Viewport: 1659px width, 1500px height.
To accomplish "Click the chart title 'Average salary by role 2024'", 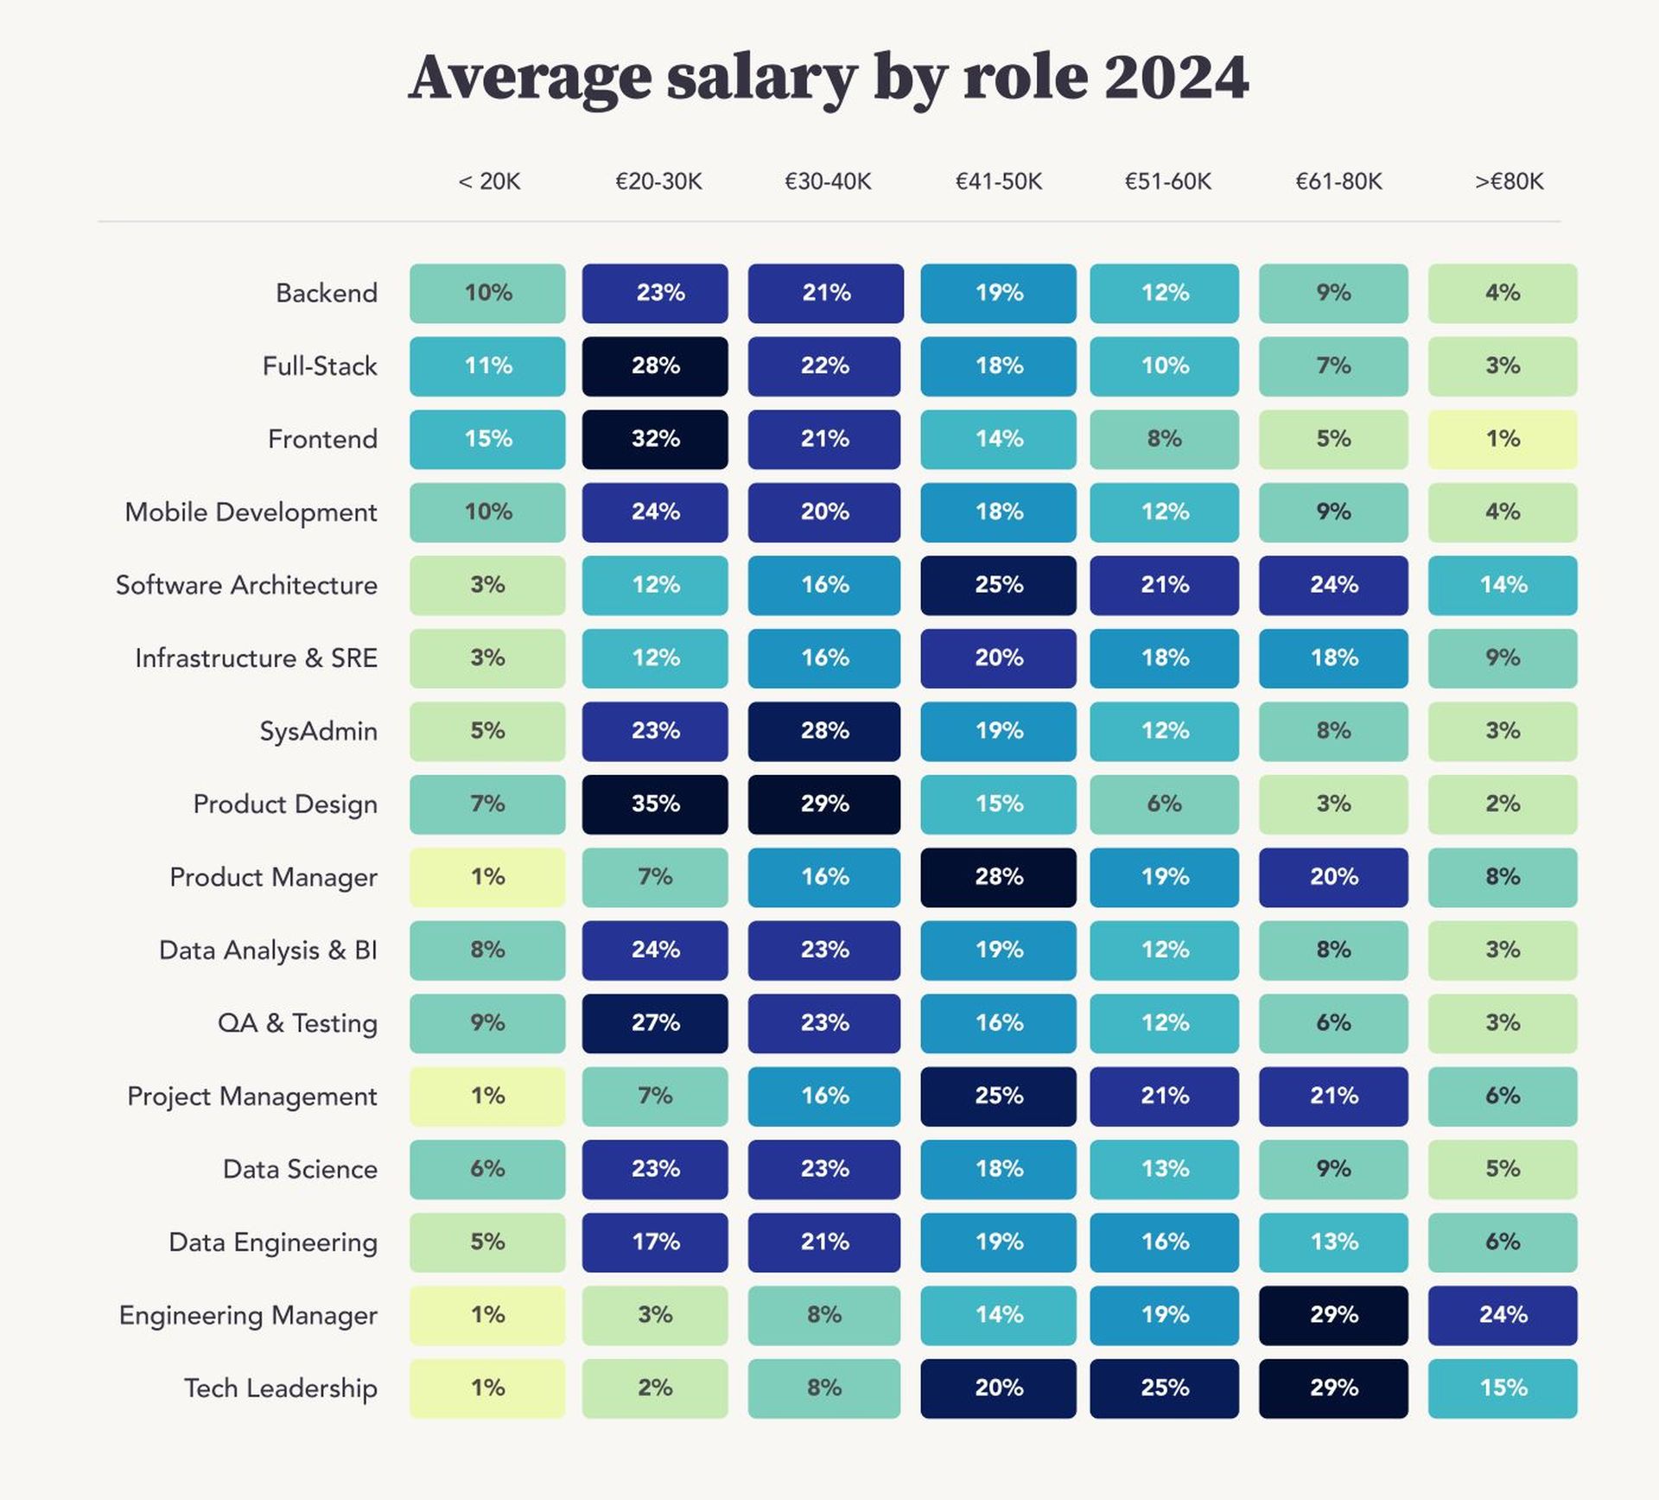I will pyautogui.click(x=828, y=78).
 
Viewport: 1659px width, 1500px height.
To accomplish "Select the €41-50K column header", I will pyautogui.click(x=998, y=181).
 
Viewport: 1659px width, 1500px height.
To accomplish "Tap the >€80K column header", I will pyautogui.click(x=1508, y=181).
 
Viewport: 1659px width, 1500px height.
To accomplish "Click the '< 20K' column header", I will pyautogui.click(x=489, y=181).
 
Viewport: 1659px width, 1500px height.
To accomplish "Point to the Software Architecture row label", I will pyautogui.click(x=246, y=585).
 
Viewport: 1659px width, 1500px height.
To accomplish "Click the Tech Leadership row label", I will pyautogui.click(x=280, y=1388).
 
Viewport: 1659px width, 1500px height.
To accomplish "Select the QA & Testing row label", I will pyautogui.click(x=297, y=1023).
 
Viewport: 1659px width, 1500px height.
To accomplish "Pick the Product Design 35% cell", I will pyautogui.click(x=655, y=804).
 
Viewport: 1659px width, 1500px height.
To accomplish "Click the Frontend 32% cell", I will pyautogui.click(x=655, y=439).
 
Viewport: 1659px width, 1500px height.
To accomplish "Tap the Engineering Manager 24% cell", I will pyautogui.click(x=1503, y=1315).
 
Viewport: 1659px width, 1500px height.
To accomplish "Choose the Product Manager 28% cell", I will pyautogui.click(x=998, y=877).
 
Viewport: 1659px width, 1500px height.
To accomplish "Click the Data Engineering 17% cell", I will pyautogui.click(x=655, y=1243).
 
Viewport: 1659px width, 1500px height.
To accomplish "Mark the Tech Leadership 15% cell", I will pyautogui.click(x=1503, y=1388).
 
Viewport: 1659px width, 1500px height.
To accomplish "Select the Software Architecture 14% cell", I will pyautogui.click(x=1503, y=585).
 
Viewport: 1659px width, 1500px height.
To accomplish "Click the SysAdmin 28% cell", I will pyautogui.click(x=824, y=731).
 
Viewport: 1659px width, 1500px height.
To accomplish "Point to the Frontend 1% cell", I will pyautogui.click(x=1503, y=439).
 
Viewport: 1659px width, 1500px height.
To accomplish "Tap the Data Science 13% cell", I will pyautogui.click(x=1164, y=1169).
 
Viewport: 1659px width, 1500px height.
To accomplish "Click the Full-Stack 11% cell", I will pyautogui.click(x=487, y=366).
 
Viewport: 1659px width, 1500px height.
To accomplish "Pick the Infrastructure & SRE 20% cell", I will pyautogui.click(x=998, y=658).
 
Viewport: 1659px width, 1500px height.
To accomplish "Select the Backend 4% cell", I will pyautogui.click(x=1503, y=293).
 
